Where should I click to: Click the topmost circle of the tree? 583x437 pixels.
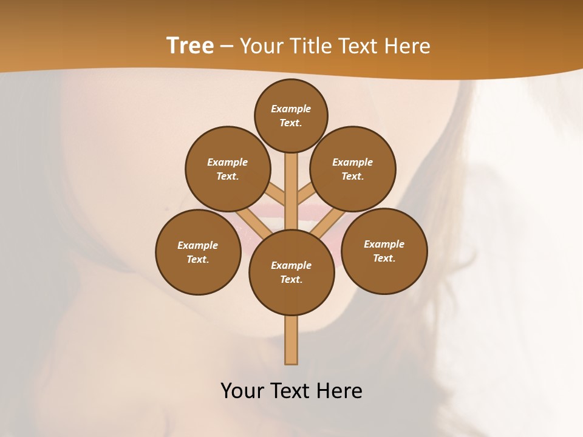coord(291,115)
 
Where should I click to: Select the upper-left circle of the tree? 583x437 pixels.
coord(228,169)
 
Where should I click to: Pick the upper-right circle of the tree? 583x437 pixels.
coord(353,169)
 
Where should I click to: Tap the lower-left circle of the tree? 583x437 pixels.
coord(198,252)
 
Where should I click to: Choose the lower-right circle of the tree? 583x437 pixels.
coord(384,251)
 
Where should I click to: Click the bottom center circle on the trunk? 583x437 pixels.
coord(291,273)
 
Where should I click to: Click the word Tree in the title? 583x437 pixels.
coord(190,46)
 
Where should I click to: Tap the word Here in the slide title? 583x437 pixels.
coord(408,46)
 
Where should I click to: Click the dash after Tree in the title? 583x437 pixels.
coord(227,46)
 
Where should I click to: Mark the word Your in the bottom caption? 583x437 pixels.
coord(242,390)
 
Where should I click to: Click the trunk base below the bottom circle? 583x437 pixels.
coord(291,340)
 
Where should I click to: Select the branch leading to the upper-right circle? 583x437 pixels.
coord(305,195)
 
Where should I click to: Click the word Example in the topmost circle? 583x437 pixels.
coord(291,109)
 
